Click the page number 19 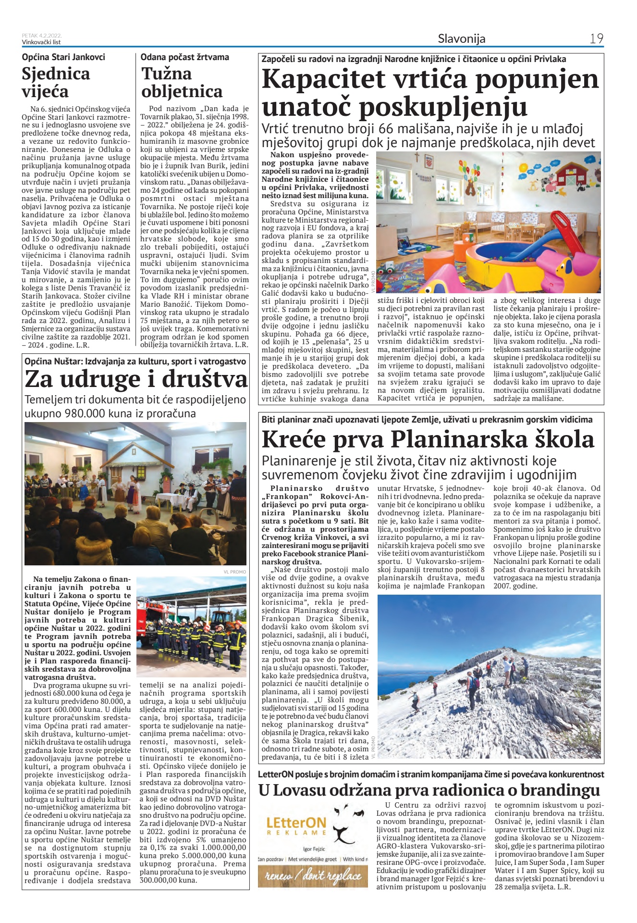[x=596, y=39]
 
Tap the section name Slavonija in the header [x=461, y=39]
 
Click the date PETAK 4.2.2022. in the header [x=42, y=36]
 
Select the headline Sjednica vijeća [x=56, y=82]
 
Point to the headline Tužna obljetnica [x=182, y=82]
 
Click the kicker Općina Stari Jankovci [x=63, y=57]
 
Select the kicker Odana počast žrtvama [x=184, y=57]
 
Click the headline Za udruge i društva [x=136, y=379]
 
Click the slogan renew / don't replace [x=313, y=876]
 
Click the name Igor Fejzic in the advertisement [x=314, y=849]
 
